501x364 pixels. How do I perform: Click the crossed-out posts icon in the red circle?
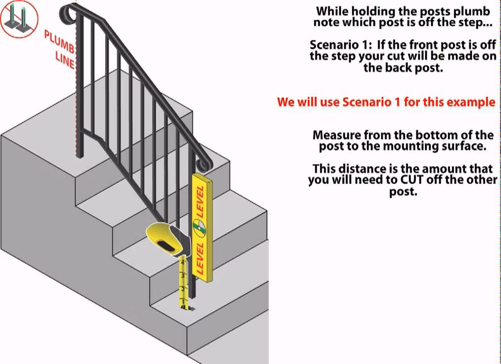[x=19, y=19]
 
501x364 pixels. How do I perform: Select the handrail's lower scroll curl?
[x=204, y=163]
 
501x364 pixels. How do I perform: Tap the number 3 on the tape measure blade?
[x=183, y=275]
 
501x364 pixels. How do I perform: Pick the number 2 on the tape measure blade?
[x=183, y=288]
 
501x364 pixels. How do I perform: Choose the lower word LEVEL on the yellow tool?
[x=199, y=258]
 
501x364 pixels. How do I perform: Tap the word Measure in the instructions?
[x=336, y=135]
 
